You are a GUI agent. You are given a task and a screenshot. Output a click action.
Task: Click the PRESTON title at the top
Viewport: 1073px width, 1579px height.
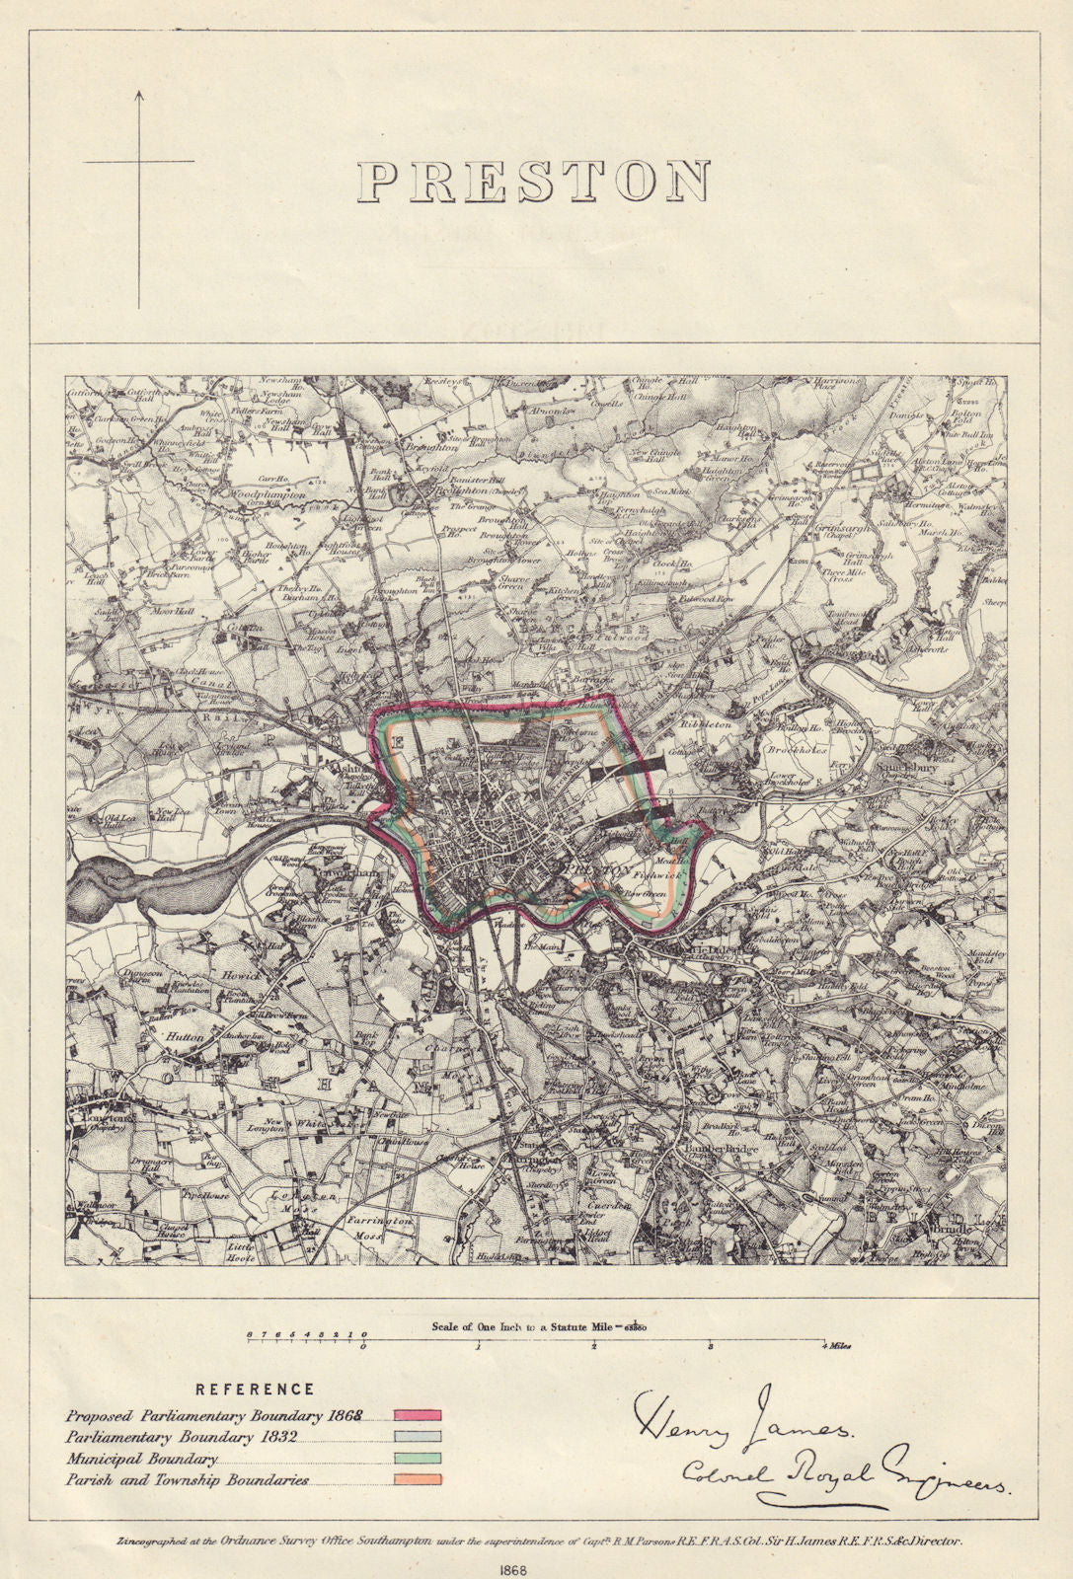(534, 181)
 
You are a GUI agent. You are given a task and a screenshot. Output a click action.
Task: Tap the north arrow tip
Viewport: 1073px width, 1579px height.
(139, 92)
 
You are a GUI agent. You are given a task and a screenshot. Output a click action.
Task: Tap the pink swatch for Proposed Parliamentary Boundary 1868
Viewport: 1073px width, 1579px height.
(418, 1416)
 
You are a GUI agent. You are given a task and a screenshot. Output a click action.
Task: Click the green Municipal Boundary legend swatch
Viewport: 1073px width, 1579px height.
(418, 1459)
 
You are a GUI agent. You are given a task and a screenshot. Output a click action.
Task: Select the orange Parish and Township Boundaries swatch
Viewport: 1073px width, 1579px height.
(418, 1480)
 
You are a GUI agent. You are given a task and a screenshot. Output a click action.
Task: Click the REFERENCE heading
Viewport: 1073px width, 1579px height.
(256, 1389)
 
